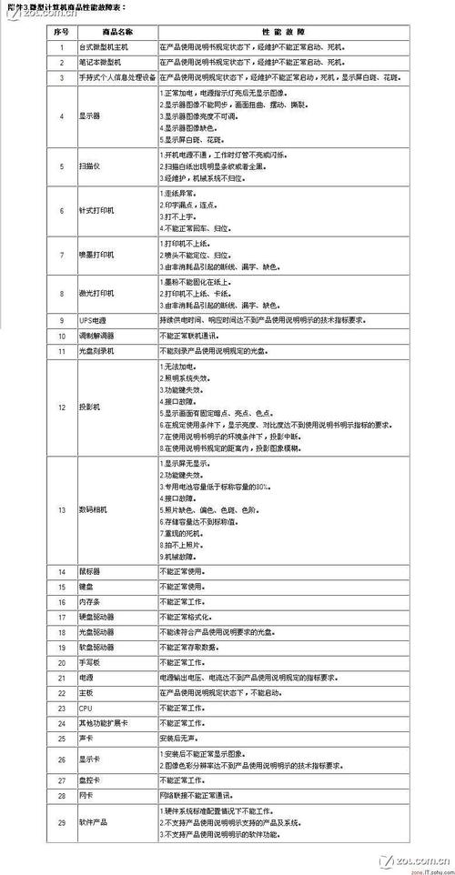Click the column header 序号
61,30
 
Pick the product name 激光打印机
96,294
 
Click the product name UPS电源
93,320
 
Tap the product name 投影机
90,406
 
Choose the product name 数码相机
93,509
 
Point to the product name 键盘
86,587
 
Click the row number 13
61,509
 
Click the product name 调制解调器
96,336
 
